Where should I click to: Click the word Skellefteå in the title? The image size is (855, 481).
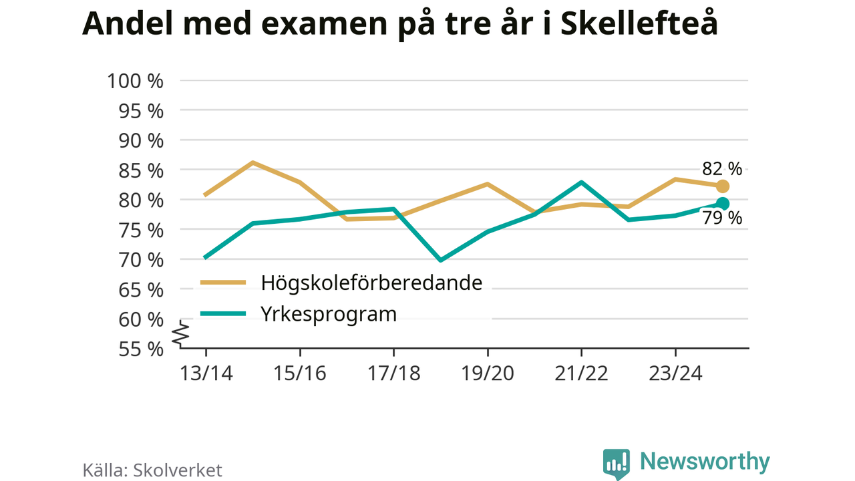[638, 25]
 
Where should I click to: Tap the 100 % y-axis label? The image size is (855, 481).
[135, 81]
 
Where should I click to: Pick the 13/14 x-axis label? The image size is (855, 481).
[206, 373]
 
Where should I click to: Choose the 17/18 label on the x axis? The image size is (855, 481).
[393, 373]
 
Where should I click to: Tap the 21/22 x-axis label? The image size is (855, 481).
[581, 373]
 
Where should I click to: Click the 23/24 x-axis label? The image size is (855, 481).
[675, 373]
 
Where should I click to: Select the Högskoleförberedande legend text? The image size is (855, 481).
[372, 283]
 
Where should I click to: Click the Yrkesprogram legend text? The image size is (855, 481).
[329, 313]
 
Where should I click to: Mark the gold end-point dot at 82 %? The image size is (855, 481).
[722, 186]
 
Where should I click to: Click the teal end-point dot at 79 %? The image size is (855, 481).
[722, 203]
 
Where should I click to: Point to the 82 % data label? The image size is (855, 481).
[721, 168]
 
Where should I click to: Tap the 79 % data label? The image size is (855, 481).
[721, 218]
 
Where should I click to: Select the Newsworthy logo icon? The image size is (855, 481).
[616, 463]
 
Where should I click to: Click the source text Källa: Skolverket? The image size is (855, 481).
[152, 470]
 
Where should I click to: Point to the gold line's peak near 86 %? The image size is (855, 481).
[253, 162]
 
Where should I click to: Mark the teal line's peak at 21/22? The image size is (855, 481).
[581, 182]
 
